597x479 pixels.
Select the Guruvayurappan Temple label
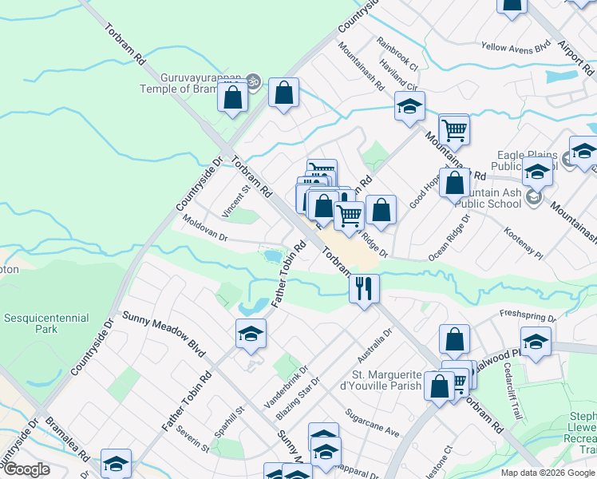pyautogui.click(x=189, y=84)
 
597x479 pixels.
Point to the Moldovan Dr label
pyautogui.click(x=205, y=228)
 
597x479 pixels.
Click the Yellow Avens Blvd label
pyautogui.click(x=516, y=48)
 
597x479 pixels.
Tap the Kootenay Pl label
pyautogui.click(x=524, y=243)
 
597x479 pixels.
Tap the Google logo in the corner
pyautogui.click(x=27, y=469)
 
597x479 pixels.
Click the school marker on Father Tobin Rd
pyautogui.click(x=251, y=334)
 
